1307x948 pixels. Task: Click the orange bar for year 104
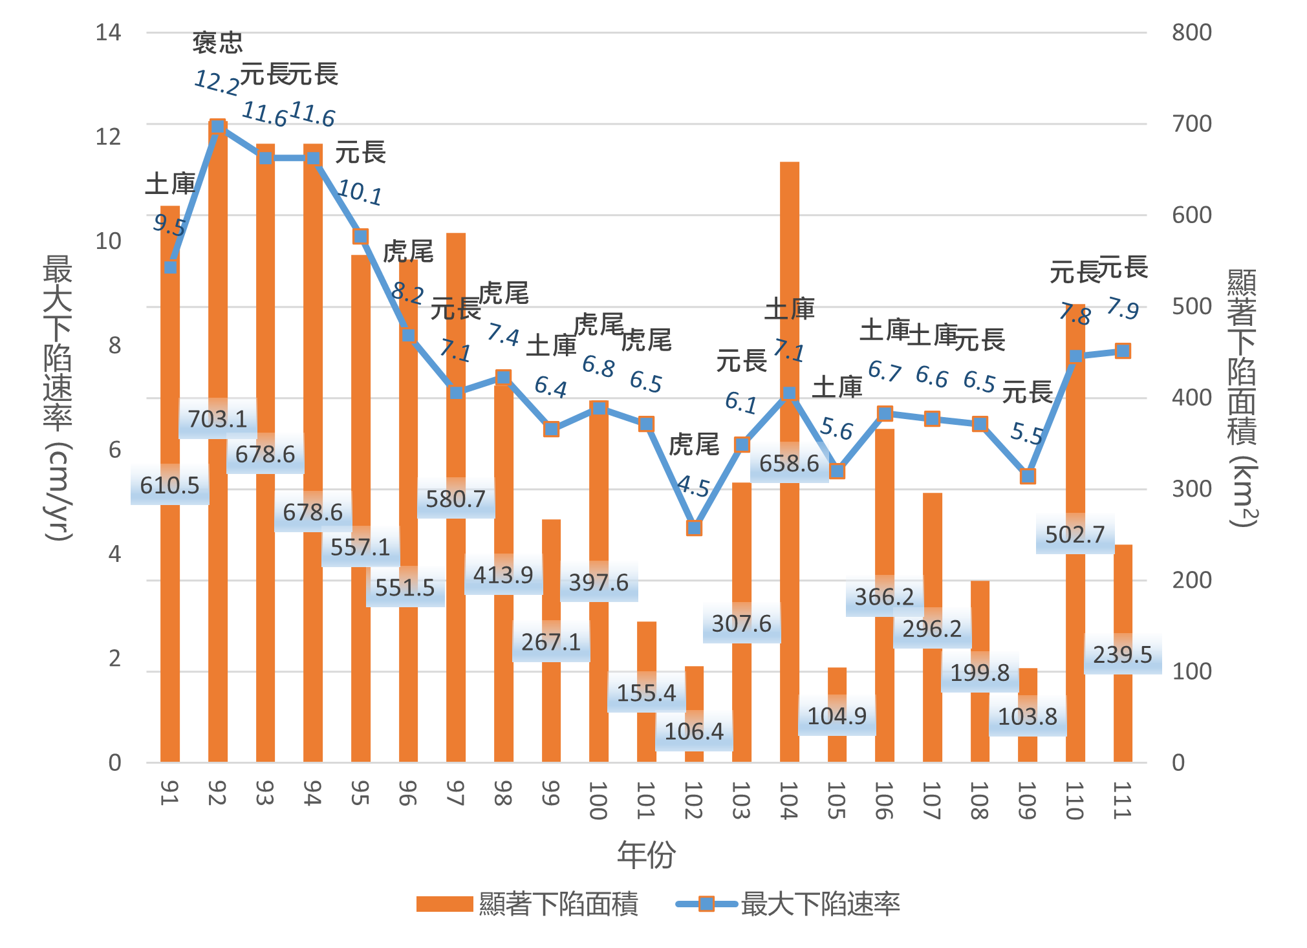pos(789,291)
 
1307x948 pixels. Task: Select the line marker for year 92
pos(218,127)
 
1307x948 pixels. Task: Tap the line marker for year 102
pos(694,528)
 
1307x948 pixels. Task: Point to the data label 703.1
pos(218,419)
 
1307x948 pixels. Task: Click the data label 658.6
pos(789,463)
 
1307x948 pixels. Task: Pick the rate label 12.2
pos(217,83)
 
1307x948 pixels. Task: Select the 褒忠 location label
pos(218,43)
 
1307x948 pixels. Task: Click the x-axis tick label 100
pos(598,801)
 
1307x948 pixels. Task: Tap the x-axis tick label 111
pos(1123,801)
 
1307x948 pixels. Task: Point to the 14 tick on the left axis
pos(108,32)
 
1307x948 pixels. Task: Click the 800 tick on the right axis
pos(1191,32)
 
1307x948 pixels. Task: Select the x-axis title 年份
pos(646,855)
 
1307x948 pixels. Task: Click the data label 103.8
pos(1027,716)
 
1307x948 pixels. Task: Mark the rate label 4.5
pos(693,486)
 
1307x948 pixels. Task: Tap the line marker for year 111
pos(1123,351)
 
